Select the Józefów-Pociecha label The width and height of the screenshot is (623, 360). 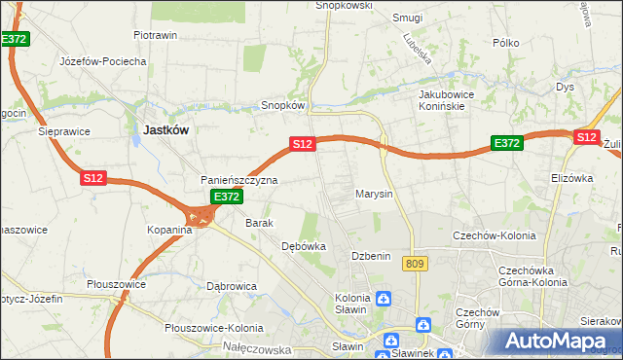pyautogui.click(x=103, y=61)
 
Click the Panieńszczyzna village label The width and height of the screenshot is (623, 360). pyautogui.click(x=239, y=181)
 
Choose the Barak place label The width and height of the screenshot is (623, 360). pyautogui.click(x=260, y=223)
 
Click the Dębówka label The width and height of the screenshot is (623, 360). pyautogui.click(x=303, y=247)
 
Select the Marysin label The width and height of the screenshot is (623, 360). pyautogui.click(x=374, y=194)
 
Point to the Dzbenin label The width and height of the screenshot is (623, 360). pyautogui.click(x=371, y=256)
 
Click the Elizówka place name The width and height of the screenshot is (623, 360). pyautogui.click(x=571, y=179)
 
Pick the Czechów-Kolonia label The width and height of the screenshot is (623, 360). pyautogui.click(x=491, y=235)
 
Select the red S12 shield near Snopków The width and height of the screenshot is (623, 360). pyautogui.click(x=302, y=144)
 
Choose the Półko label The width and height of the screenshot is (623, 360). pyautogui.click(x=506, y=43)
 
